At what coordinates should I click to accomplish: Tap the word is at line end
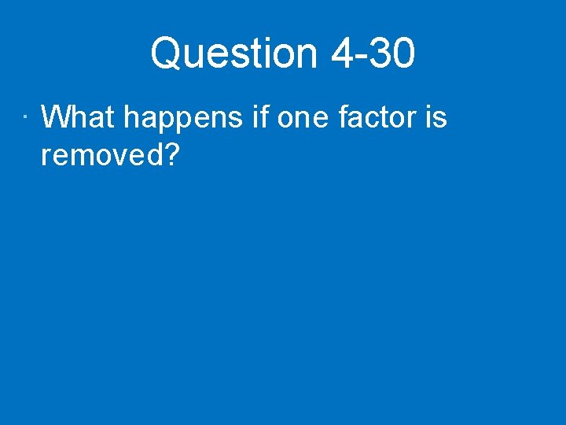(436, 118)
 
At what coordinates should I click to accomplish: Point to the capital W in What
(55, 118)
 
